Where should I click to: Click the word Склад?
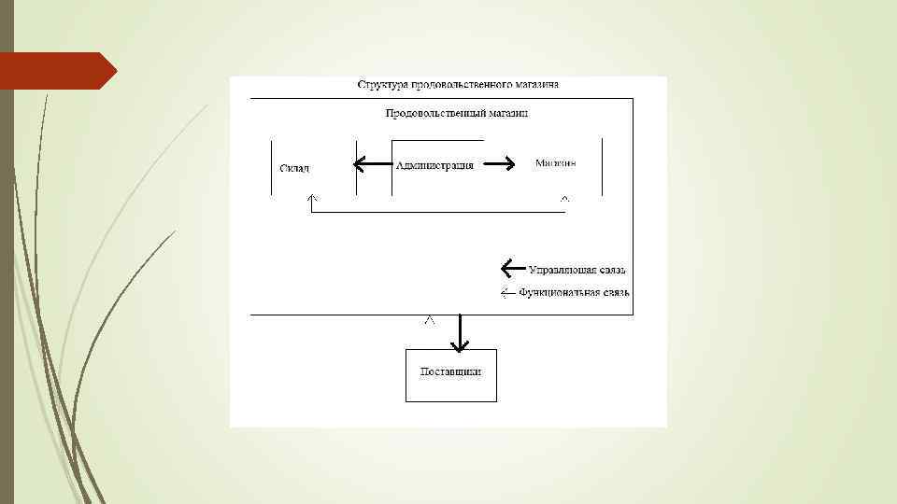[294, 168]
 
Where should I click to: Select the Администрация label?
[434, 165]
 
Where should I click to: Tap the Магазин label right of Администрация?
[555, 163]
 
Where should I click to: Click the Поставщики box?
[451, 374]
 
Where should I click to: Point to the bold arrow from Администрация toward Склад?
[372, 165]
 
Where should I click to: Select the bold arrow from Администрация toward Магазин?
[498, 164]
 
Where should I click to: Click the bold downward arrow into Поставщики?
[459, 334]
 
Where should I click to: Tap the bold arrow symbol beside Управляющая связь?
[512, 269]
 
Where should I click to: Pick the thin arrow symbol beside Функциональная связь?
[508, 292]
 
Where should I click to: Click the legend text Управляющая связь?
[577, 270]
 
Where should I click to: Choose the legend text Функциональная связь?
[574, 292]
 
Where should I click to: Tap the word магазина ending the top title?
[537, 85]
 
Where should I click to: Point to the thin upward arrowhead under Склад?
[312, 199]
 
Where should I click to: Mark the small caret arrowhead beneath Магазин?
[564, 199]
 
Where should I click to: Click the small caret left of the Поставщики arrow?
[429, 320]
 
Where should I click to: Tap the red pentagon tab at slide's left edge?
[56, 71]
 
